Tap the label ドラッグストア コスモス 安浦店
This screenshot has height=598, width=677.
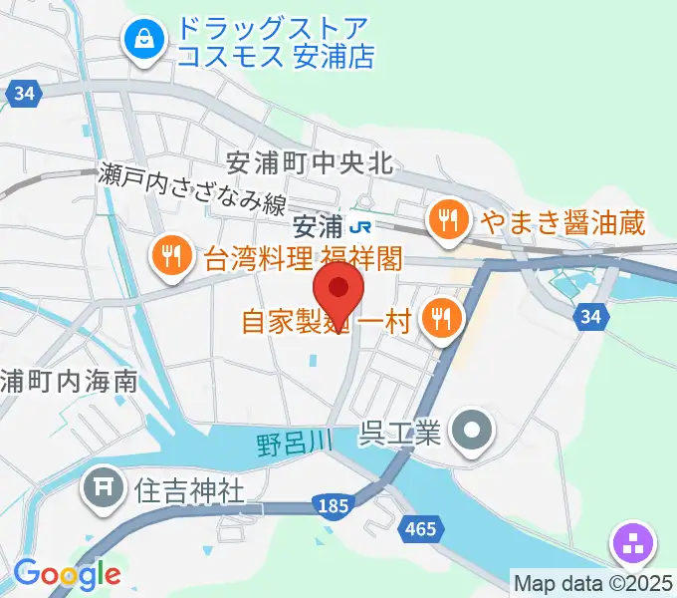(275, 43)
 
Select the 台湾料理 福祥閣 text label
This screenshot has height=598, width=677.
(303, 260)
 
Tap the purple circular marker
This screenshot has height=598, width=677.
(635, 544)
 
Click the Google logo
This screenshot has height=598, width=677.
(67, 573)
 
